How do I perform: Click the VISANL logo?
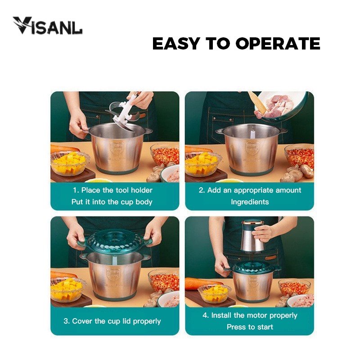tap(48, 26)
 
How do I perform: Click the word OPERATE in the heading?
tap(278, 44)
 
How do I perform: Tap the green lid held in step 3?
tap(115, 242)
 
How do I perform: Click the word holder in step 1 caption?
tap(141, 190)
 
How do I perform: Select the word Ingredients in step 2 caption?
tap(250, 202)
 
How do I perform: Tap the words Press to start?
tap(250, 327)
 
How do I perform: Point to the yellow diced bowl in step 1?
tap(69, 163)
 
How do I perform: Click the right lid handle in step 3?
tap(149, 241)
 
